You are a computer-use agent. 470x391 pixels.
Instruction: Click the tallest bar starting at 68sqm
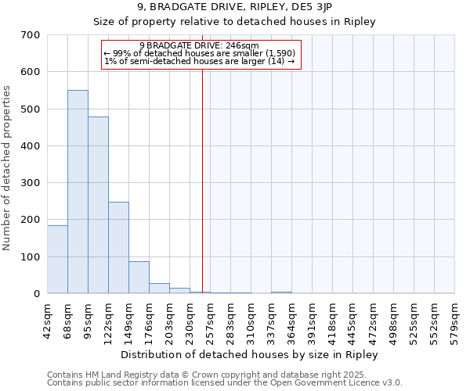tap(78, 192)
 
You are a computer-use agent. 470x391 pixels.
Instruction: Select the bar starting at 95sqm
tap(98, 205)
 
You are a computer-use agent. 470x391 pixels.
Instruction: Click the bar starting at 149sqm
tap(139, 278)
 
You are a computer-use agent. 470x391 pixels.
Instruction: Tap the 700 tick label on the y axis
tap(31, 35)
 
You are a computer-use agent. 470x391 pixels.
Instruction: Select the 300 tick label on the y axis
tap(31, 183)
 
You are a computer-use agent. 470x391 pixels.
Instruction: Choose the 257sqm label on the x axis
tap(210, 321)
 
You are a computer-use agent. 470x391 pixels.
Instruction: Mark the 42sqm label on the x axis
tap(47, 321)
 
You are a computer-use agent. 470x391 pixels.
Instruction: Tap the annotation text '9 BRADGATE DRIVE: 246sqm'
tap(201, 45)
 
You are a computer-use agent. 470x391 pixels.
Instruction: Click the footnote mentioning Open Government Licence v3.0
tap(224, 383)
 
